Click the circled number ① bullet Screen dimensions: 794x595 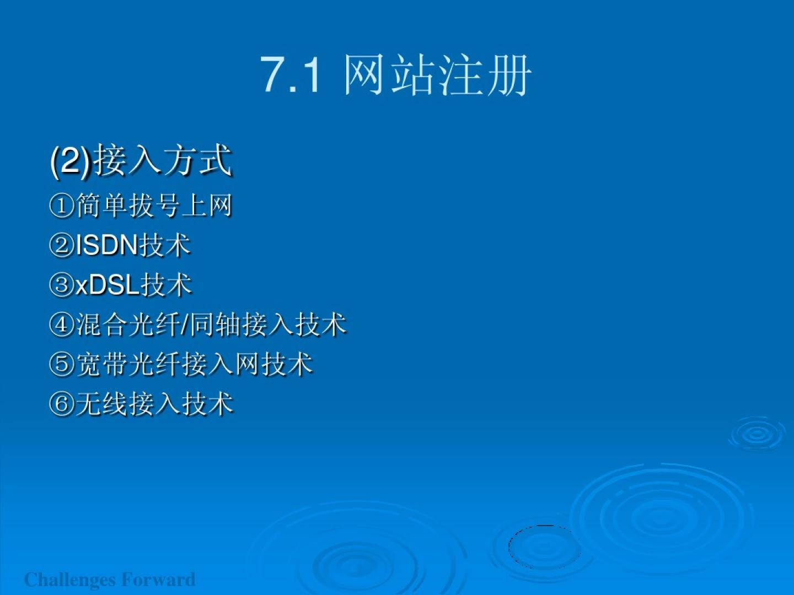tap(62, 206)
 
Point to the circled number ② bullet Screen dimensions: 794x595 tap(62, 245)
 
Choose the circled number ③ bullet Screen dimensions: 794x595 tap(62, 285)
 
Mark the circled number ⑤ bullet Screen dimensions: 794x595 tap(62, 364)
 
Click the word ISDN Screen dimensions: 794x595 tap(107, 246)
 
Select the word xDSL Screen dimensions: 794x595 tap(108, 285)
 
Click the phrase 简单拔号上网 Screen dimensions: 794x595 tap(154, 206)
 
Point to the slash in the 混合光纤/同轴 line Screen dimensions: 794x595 tap(185, 324)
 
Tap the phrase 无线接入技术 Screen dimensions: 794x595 tap(154, 403)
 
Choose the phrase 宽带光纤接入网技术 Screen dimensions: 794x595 tap(194, 364)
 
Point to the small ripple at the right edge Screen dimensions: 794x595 tap(757, 434)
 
